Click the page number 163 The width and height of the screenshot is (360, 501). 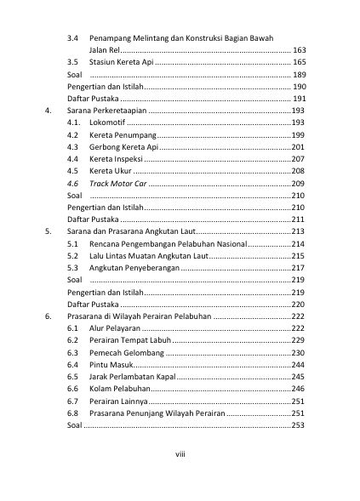tap(299, 51)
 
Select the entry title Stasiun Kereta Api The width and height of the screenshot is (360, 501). tap(122, 63)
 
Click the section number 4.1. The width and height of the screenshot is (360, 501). tap(74, 123)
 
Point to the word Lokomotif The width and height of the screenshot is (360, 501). tap(106, 123)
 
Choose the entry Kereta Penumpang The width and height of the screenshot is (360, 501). tap(123, 135)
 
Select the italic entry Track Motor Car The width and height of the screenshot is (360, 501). tap(117, 184)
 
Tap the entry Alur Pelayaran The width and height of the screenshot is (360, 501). tap(115, 328)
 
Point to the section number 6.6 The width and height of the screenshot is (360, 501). tap(73, 389)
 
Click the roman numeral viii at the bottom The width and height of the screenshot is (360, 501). tap(180, 454)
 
